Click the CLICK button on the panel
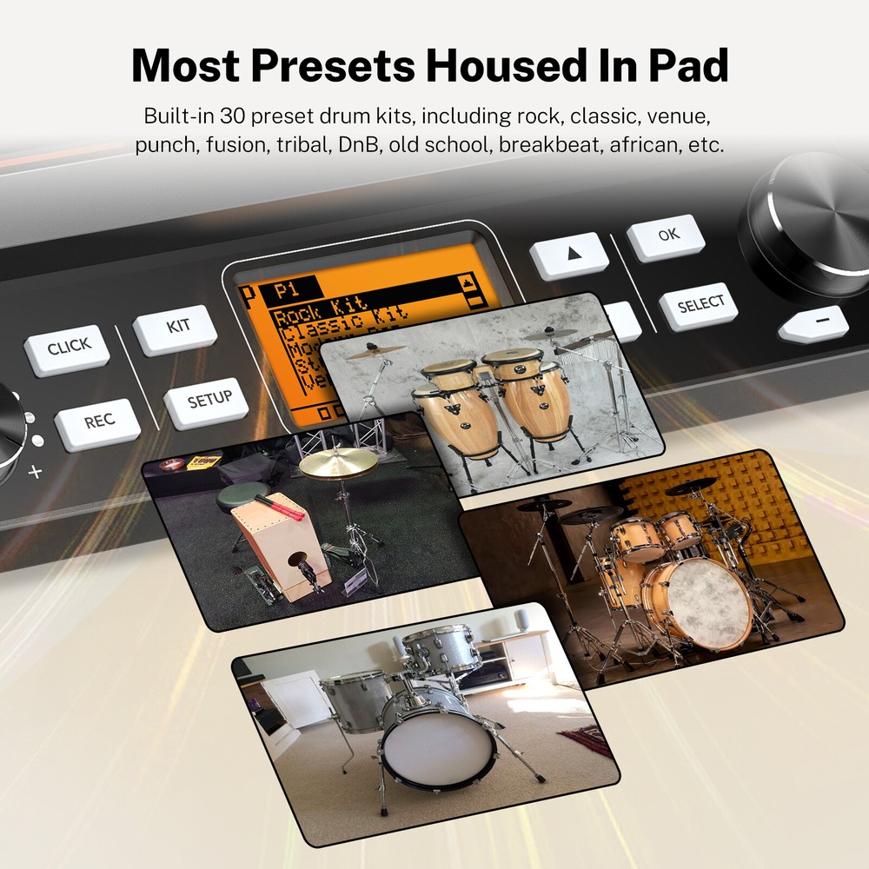68,348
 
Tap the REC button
97,422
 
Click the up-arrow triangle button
570,255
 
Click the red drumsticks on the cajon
280,507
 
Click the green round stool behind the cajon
236,497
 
